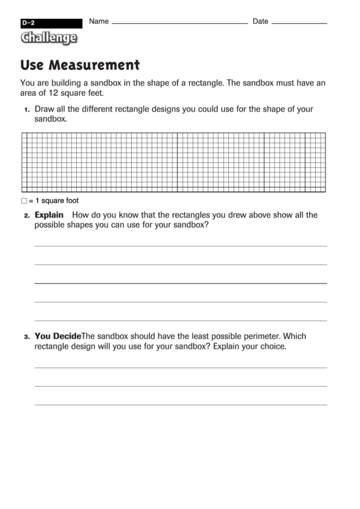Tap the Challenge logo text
coord(48,38)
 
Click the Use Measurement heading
coord(80,65)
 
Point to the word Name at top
coord(98,21)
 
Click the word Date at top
coord(261,21)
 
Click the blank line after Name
coord(179,24)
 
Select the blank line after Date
coord(298,24)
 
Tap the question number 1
coord(26,109)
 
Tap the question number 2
coord(26,216)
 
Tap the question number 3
coord(26,336)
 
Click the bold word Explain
coord(49,215)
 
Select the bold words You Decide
coord(58,336)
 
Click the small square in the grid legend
coord(24,201)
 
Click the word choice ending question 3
coord(270,346)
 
